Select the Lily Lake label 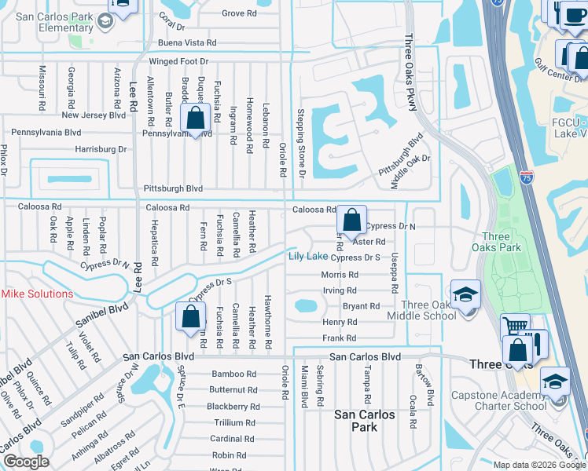(x=307, y=257)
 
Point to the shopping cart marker (x=515, y=326)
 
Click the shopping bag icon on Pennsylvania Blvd (x=194, y=119)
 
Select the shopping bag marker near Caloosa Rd (x=354, y=219)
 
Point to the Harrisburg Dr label (x=101, y=148)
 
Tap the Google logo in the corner (x=26, y=461)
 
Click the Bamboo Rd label (x=233, y=374)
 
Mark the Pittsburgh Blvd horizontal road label (x=173, y=189)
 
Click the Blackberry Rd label (x=233, y=407)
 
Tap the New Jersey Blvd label (x=94, y=115)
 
